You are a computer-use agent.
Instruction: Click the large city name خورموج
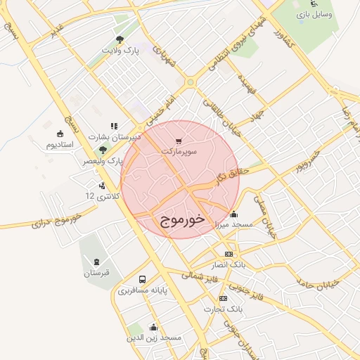[x=179, y=220]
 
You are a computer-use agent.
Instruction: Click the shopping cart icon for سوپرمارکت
[x=179, y=141]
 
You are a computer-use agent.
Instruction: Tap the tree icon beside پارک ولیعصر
[x=103, y=149]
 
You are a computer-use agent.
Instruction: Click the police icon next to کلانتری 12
[x=103, y=186]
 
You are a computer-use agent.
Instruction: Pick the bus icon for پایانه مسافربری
[x=143, y=279]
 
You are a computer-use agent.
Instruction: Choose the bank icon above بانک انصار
[x=229, y=254]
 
